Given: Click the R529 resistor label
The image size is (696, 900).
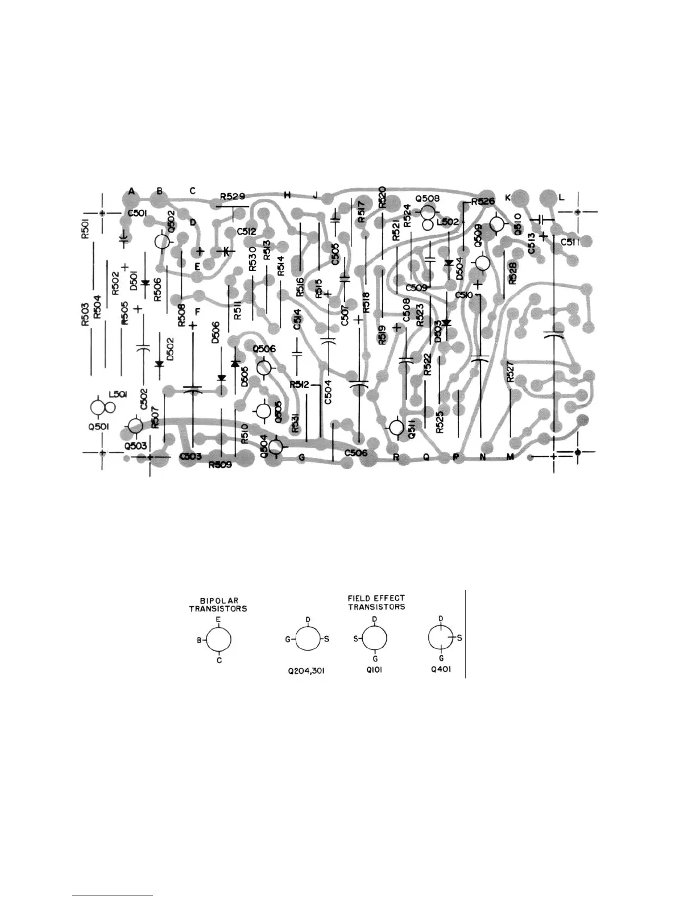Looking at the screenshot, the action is coord(233,197).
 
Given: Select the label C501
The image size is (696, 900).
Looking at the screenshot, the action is coord(137,214).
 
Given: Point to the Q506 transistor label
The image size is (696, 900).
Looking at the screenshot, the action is coord(264,349).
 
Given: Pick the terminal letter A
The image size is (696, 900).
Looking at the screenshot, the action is coord(131,191).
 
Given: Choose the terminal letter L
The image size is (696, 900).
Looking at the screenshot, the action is coord(561,197).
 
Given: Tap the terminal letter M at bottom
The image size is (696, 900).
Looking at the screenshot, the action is coord(510,457).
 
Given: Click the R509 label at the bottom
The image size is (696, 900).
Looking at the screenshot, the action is coord(219,465).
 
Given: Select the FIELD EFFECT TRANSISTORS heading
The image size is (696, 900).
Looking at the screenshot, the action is coord(376,602).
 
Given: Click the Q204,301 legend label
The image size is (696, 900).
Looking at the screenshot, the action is coord(306,671).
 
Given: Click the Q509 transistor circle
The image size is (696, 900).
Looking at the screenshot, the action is coord(483,263).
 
